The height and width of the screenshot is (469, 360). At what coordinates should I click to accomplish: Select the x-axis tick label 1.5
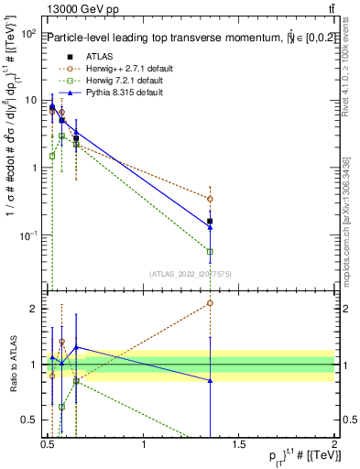(x=240, y=445)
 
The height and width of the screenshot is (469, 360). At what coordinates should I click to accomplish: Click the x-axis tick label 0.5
(x=49, y=445)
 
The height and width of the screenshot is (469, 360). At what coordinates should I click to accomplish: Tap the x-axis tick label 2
(x=335, y=445)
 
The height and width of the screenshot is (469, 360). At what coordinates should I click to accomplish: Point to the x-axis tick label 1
(x=145, y=445)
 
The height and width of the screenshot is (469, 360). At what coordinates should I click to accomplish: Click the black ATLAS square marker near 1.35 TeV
(x=211, y=221)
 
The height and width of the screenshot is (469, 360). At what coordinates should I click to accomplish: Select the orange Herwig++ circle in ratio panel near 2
(x=211, y=302)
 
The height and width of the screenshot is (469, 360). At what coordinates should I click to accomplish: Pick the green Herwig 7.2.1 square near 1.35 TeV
(x=211, y=251)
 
